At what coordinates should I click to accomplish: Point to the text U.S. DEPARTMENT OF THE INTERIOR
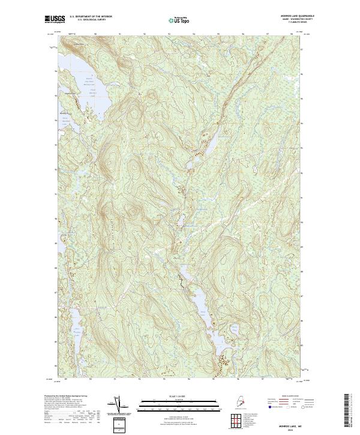pos(91,17)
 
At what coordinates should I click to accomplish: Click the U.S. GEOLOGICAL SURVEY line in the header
pos(91,20)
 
